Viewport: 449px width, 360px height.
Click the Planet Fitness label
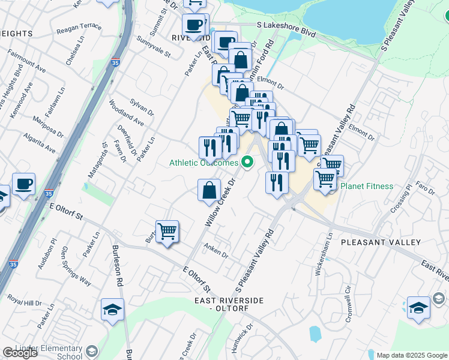[x=367, y=186]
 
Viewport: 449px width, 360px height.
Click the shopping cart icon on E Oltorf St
[x=167, y=231]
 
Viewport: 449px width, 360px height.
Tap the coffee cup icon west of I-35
[x=23, y=184]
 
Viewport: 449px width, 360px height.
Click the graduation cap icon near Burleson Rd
[x=112, y=310]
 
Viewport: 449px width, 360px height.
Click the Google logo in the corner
[x=20, y=353]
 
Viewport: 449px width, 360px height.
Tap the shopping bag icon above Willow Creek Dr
[x=209, y=191]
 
